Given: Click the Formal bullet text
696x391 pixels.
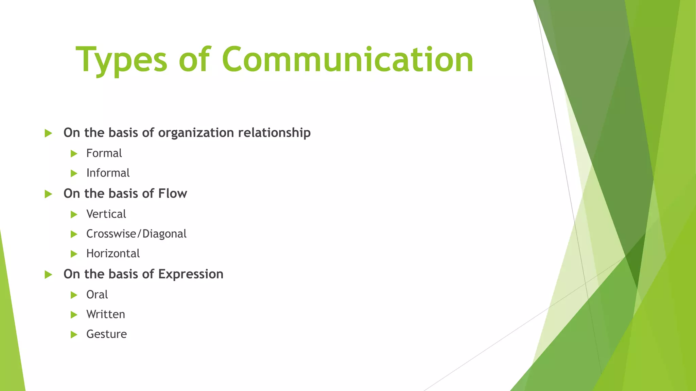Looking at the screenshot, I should pos(104,153).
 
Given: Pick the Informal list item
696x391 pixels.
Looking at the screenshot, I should pos(108,173).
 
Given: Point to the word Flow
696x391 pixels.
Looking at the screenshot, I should pos(172,193).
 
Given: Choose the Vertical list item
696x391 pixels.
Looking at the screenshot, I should pos(106,214).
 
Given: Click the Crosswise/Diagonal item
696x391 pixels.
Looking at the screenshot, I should pos(136,234).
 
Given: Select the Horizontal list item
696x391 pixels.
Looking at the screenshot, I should pos(113,254).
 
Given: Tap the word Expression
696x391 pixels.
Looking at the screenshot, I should pos(191,274).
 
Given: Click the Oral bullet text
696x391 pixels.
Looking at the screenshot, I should pos(97,295).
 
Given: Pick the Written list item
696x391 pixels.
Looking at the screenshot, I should pos(106,314).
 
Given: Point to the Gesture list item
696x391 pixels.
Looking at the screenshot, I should pos(106,334).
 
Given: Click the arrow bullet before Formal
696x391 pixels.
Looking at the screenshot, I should pos(74,154).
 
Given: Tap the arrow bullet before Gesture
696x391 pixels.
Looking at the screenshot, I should pos(74,335).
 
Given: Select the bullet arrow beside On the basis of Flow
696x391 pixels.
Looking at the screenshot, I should pos(48,194).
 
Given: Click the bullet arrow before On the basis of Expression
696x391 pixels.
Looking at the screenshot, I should pos(48,275).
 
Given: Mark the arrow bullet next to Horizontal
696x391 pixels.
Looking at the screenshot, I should pos(74,254).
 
